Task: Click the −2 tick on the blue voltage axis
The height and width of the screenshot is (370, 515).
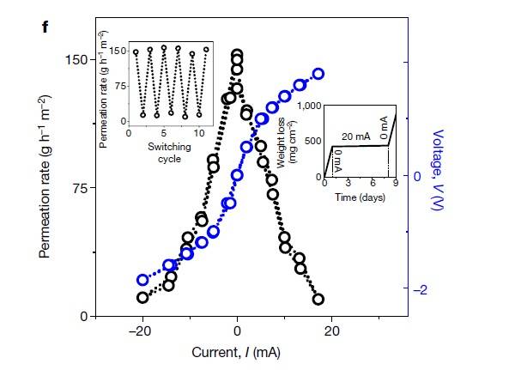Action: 421,291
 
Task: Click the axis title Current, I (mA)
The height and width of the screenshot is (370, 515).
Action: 237,352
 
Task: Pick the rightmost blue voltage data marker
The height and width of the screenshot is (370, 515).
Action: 318,74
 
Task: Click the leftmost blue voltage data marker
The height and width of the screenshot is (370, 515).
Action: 143,281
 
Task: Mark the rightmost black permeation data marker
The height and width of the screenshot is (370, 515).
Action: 318,299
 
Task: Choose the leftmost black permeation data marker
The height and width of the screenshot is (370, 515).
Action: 142,297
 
